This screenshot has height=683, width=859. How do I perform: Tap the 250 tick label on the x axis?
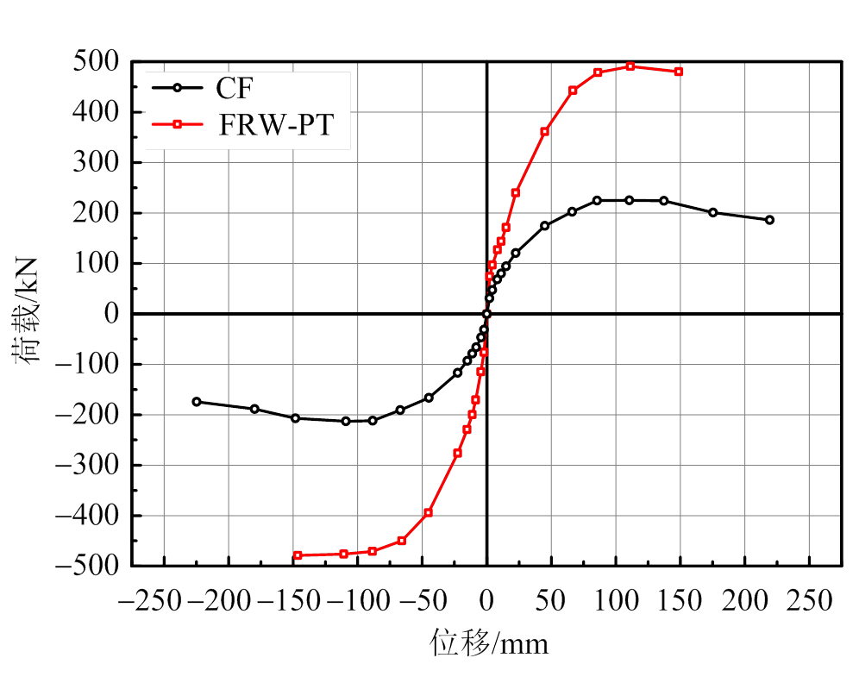point(809,598)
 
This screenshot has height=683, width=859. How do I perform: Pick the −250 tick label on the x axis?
point(157,598)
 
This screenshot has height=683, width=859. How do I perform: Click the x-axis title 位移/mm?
point(489,643)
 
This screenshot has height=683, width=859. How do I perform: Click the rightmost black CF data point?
point(769,220)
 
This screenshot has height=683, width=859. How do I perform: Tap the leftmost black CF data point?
point(197,402)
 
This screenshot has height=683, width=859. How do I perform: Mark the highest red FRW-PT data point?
point(630,66)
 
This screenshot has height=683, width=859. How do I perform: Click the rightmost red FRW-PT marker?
point(679,72)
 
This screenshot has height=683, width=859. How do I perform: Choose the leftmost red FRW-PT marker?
point(298,555)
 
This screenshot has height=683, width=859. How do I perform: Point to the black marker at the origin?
point(486,314)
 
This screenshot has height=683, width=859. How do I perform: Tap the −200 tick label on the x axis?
point(222,598)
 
